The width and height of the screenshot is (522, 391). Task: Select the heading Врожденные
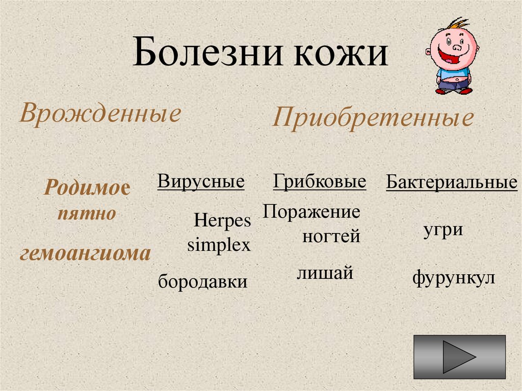(100, 113)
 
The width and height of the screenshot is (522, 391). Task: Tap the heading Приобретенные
(373, 118)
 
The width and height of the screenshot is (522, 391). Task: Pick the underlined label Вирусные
(201, 181)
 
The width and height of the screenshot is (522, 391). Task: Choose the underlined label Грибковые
(320, 181)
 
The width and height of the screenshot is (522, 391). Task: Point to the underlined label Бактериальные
(452, 182)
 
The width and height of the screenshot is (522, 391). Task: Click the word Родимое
(87, 188)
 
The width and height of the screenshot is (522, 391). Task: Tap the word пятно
(87, 214)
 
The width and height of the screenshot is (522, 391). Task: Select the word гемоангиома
(85, 253)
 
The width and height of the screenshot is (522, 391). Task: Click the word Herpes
(222, 221)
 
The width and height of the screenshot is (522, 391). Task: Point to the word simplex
(219, 245)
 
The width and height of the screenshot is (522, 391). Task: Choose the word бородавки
(202, 281)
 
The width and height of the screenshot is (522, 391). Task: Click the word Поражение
(311, 211)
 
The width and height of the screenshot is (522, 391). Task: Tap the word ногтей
(331, 236)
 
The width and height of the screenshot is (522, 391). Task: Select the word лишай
(325, 273)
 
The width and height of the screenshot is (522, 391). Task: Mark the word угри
(443, 230)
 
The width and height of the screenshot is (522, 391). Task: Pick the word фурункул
(454, 279)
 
